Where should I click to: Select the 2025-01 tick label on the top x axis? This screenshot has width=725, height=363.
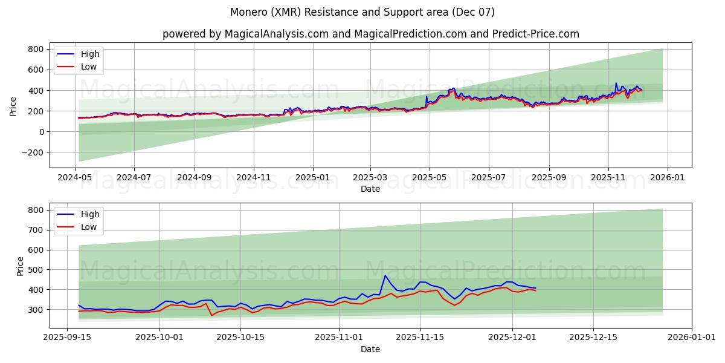pyautogui.click(x=313, y=178)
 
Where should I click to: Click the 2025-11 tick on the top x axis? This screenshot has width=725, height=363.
pyautogui.click(x=608, y=178)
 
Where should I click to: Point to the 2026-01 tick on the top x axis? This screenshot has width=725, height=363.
pyautogui.click(x=668, y=178)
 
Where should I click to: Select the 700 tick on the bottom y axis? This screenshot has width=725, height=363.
pyautogui.click(x=36, y=230)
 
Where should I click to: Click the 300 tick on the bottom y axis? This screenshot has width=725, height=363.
pyautogui.click(x=36, y=310)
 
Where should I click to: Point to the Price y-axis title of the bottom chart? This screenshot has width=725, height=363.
pyautogui.click(x=20, y=266)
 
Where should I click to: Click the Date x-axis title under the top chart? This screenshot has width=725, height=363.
pyautogui.click(x=370, y=189)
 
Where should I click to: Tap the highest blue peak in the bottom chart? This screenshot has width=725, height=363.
pyautogui.click(x=385, y=276)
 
